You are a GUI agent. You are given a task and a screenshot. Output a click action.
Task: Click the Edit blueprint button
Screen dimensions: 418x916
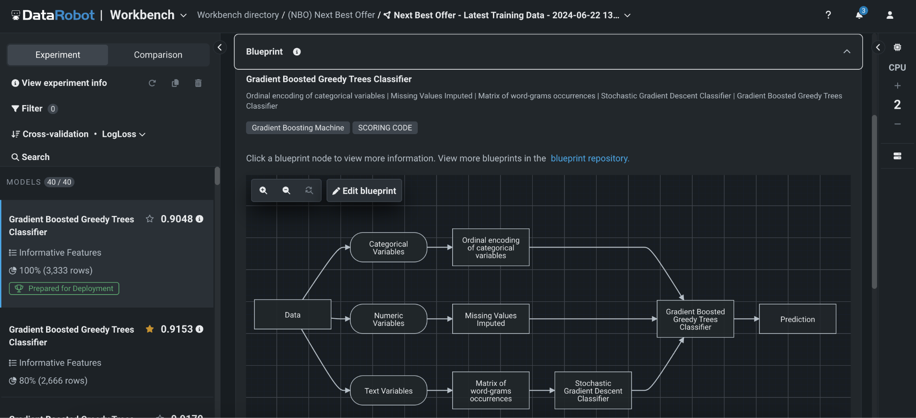click(364, 191)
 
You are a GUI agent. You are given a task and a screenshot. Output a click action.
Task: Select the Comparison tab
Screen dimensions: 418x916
click(158, 55)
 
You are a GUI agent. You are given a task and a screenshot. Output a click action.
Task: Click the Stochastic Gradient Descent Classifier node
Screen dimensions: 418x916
click(593, 391)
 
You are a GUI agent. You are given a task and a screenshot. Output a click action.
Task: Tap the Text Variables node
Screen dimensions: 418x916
click(388, 391)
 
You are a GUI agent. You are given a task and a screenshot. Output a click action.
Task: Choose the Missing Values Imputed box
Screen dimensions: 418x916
click(491, 319)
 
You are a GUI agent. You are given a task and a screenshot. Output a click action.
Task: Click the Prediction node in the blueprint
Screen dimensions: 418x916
click(797, 319)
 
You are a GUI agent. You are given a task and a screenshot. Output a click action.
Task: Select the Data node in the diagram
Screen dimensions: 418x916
click(293, 315)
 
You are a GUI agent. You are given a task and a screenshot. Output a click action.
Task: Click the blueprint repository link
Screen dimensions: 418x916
click(589, 158)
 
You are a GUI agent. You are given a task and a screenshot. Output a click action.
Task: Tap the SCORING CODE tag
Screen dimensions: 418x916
click(385, 128)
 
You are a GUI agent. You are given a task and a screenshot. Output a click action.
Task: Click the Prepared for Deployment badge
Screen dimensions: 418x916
click(64, 288)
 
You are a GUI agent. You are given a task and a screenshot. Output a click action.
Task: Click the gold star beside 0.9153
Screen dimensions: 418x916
click(150, 329)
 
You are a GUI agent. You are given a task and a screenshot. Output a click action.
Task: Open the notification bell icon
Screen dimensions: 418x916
click(859, 15)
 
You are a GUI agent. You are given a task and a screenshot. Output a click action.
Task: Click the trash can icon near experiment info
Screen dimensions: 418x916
click(198, 83)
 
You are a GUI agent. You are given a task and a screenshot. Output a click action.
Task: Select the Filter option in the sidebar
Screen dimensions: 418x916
click(31, 109)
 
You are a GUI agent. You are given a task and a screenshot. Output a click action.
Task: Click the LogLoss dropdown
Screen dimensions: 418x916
click(123, 134)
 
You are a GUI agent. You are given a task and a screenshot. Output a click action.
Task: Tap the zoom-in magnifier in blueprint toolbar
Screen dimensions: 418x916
click(263, 190)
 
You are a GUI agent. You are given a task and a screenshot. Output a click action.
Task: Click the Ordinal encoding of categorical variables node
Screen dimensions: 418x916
click(491, 248)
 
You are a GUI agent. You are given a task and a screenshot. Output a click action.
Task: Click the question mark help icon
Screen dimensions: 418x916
click(828, 15)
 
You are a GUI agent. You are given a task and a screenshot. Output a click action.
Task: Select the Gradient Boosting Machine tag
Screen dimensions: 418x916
click(297, 128)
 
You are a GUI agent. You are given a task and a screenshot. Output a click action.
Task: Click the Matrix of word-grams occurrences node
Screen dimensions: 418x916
click(491, 391)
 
